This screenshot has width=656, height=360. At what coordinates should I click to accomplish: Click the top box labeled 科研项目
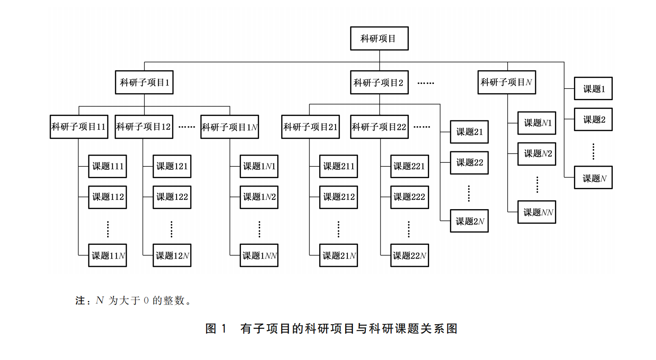pos(379,38)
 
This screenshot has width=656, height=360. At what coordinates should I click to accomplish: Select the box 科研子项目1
pos(144,82)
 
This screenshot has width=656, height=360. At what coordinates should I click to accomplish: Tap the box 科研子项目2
pos(379,82)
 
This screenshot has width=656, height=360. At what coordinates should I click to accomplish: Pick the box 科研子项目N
pos(507,82)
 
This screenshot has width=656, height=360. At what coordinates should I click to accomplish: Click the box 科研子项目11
pos(79,127)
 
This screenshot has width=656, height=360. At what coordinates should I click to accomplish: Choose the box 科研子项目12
pos(144,127)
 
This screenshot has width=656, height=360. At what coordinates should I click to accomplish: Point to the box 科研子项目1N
pos(230,127)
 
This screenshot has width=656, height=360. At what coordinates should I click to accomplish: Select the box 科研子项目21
pos(310,127)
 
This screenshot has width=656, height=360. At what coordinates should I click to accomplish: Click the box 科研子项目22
pos(379,127)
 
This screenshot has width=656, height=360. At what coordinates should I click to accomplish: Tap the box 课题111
pos(108,166)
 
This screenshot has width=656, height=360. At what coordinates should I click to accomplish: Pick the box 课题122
pos(172,197)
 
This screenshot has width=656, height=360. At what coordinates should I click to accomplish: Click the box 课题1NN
pos(259,255)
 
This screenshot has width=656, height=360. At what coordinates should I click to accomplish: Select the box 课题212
pos(339,197)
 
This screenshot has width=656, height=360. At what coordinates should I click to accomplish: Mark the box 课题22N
pos(410,255)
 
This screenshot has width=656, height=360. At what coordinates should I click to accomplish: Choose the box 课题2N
pos(469,221)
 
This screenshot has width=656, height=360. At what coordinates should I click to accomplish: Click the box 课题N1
pos(537,123)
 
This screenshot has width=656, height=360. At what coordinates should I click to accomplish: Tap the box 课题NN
pos(537,212)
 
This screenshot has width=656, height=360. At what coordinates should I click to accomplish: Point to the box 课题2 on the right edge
pos(593,120)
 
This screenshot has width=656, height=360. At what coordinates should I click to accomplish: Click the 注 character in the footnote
pos(80,301)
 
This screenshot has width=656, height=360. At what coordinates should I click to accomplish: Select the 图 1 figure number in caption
pos(216,329)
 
